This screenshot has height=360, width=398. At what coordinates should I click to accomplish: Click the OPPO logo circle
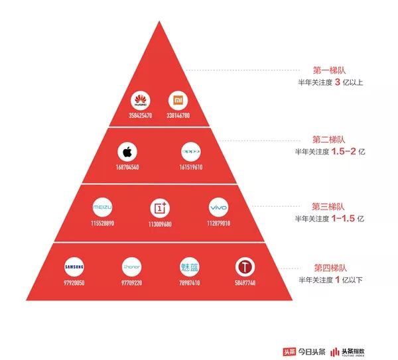click(x=191, y=152)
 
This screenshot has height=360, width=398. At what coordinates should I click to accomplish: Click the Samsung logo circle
click(x=74, y=267)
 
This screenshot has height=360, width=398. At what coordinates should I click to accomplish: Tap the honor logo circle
click(x=131, y=267)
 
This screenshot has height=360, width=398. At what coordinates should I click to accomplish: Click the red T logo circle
click(x=245, y=267)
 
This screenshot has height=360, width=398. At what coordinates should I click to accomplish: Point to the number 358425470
click(x=141, y=115)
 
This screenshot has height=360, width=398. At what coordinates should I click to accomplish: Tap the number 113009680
click(x=159, y=223)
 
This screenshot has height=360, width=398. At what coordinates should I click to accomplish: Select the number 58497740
click(x=245, y=282)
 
